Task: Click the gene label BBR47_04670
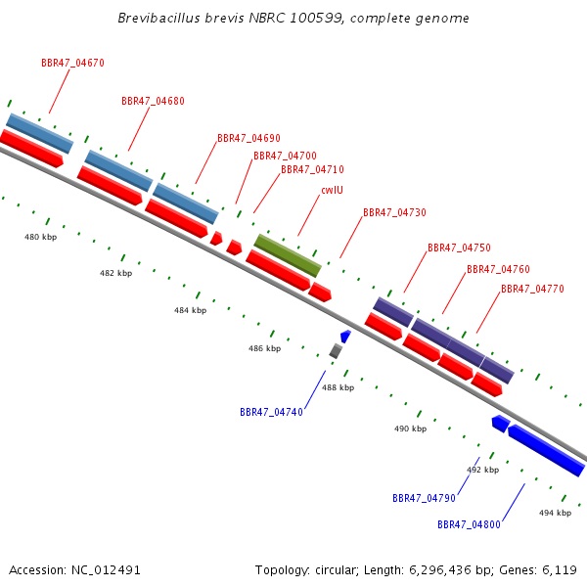coord(72,63)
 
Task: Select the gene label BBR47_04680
coord(153,101)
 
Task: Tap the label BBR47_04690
coord(248,138)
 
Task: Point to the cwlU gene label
coord(332,190)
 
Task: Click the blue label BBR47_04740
coord(271,412)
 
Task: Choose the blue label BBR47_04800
coord(469,524)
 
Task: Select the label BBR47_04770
coord(532,289)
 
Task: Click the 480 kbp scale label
coord(40,237)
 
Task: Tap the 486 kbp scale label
coord(264,348)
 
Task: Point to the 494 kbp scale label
coord(555,513)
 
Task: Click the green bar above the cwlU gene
coord(288,255)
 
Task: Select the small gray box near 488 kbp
coord(336,351)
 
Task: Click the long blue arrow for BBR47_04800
coord(546,450)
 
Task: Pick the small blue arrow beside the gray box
coord(345,337)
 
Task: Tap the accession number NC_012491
coord(106,570)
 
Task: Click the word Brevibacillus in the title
coord(158,18)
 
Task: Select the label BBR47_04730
coord(394,212)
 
